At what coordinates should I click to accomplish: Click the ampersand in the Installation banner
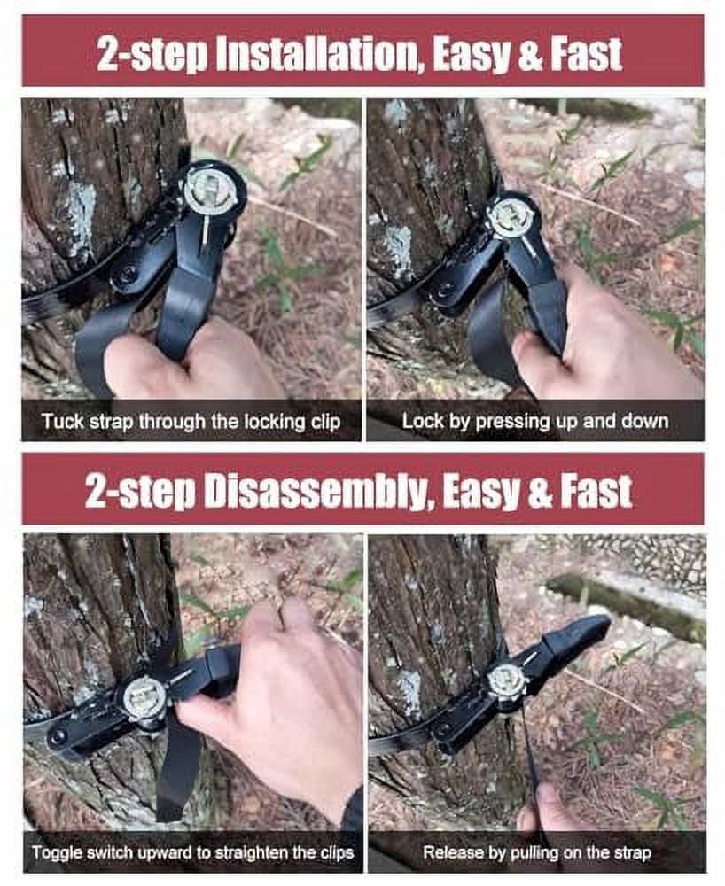[x=529, y=55]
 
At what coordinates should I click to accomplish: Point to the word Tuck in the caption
[x=59, y=422]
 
